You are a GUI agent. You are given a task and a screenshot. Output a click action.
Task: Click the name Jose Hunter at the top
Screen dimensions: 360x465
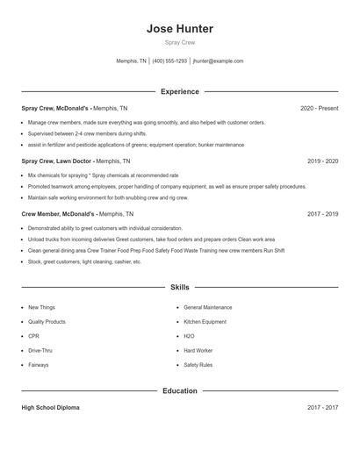180,29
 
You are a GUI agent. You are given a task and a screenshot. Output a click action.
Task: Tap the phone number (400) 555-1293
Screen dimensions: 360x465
170,61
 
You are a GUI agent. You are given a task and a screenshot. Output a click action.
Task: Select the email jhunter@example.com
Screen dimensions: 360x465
218,61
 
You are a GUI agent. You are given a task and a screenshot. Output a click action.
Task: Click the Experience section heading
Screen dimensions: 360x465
180,91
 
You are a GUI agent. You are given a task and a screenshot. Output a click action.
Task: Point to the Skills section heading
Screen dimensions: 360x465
180,287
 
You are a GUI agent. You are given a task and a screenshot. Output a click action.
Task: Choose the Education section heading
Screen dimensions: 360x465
180,390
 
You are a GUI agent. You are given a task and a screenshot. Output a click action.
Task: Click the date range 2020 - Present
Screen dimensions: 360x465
319,109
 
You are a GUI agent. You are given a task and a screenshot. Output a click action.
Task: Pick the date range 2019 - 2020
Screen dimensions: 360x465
323,161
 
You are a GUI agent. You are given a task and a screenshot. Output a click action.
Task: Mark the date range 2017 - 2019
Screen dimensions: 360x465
323,213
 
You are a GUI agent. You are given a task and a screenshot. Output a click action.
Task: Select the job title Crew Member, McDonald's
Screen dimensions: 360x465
58,213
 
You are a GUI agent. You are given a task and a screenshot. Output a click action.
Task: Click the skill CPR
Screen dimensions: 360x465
33,336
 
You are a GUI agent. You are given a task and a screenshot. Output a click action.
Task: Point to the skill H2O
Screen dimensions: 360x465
189,336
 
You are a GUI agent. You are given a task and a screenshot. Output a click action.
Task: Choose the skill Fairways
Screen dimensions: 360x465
39,365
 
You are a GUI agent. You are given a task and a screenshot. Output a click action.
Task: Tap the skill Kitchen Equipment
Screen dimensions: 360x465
205,322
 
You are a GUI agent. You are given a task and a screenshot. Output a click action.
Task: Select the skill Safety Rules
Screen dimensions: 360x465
198,365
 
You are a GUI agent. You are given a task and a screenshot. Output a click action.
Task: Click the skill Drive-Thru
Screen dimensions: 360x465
40,350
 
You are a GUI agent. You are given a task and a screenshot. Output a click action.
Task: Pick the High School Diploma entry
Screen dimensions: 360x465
51,408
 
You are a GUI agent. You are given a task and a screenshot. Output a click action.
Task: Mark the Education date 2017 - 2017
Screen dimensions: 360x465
323,408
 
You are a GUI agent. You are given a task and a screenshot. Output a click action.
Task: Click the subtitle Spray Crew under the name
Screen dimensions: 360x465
180,43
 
